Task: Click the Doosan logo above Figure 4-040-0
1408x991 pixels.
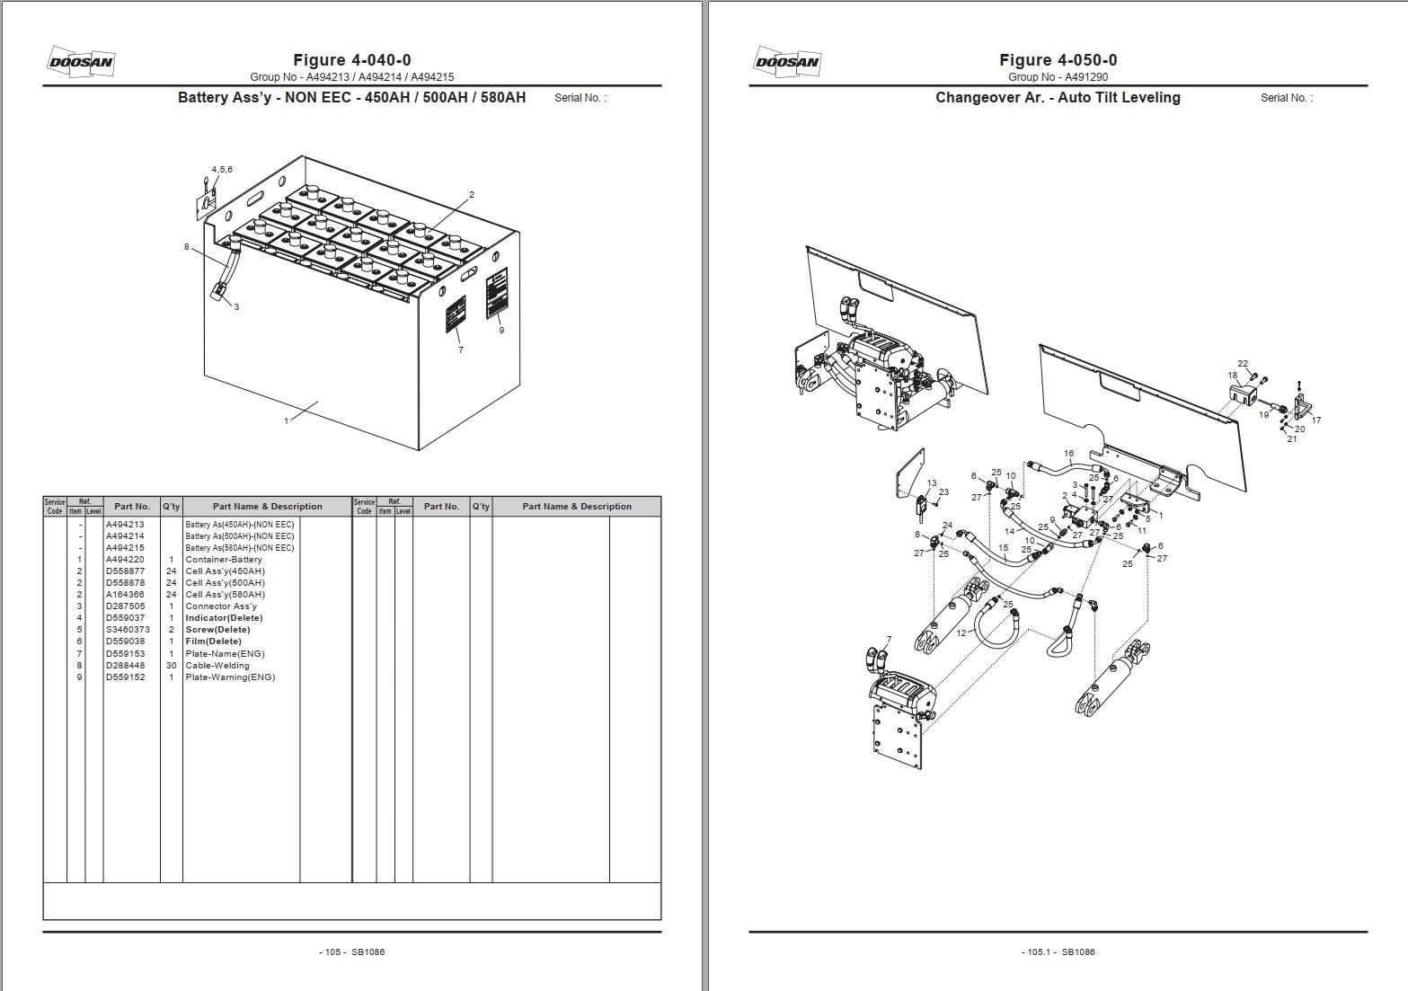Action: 80,62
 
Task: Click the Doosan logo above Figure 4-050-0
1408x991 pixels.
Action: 786,62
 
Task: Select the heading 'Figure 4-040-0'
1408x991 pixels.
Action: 352,60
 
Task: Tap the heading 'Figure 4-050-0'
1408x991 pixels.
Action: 1058,60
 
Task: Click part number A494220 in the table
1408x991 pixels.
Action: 125,560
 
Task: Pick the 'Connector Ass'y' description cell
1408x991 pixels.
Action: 221,606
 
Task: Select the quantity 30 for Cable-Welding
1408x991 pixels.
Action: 171,666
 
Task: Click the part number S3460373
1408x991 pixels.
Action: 128,630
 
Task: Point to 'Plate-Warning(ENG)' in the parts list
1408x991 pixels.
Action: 230,677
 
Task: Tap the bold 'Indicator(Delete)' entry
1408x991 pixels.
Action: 224,618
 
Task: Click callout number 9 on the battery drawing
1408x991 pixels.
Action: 501,330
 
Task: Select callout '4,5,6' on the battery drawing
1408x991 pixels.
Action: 222,170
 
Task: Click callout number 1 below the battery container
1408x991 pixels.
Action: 287,420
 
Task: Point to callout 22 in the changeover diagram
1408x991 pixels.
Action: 1243,364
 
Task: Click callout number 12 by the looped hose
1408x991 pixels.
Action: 961,633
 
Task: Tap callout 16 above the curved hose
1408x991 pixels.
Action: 1068,454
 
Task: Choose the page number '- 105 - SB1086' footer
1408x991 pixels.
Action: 352,951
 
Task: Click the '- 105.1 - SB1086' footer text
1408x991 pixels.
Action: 1058,951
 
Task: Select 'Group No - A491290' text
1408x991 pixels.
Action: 1058,77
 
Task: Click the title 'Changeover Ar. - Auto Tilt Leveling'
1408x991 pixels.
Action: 1058,98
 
